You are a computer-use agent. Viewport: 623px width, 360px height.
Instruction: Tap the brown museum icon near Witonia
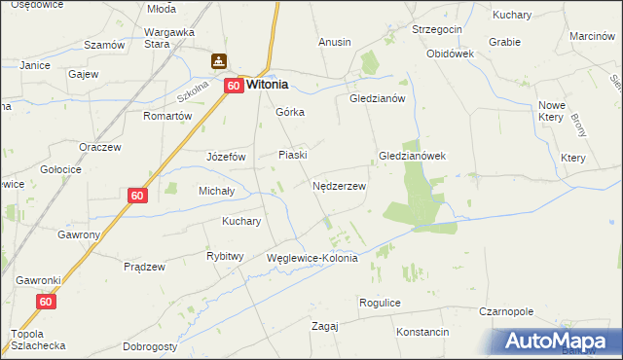click(220, 61)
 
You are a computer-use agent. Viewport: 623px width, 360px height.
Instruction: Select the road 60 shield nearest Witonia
click(234, 86)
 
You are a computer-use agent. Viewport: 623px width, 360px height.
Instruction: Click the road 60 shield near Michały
click(137, 196)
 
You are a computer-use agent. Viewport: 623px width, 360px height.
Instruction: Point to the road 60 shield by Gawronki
click(47, 303)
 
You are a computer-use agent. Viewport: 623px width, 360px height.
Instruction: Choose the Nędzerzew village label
click(339, 185)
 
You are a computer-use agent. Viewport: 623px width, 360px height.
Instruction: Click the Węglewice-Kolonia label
click(312, 259)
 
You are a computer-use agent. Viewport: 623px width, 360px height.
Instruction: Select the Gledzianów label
click(384, 99)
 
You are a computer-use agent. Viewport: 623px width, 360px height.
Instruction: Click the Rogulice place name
click(380, 303)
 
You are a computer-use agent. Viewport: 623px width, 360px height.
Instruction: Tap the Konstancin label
click(422, 332)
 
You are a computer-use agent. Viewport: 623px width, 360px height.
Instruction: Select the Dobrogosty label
click(150, 346)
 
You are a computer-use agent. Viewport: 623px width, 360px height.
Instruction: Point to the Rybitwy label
click(225, 256)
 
